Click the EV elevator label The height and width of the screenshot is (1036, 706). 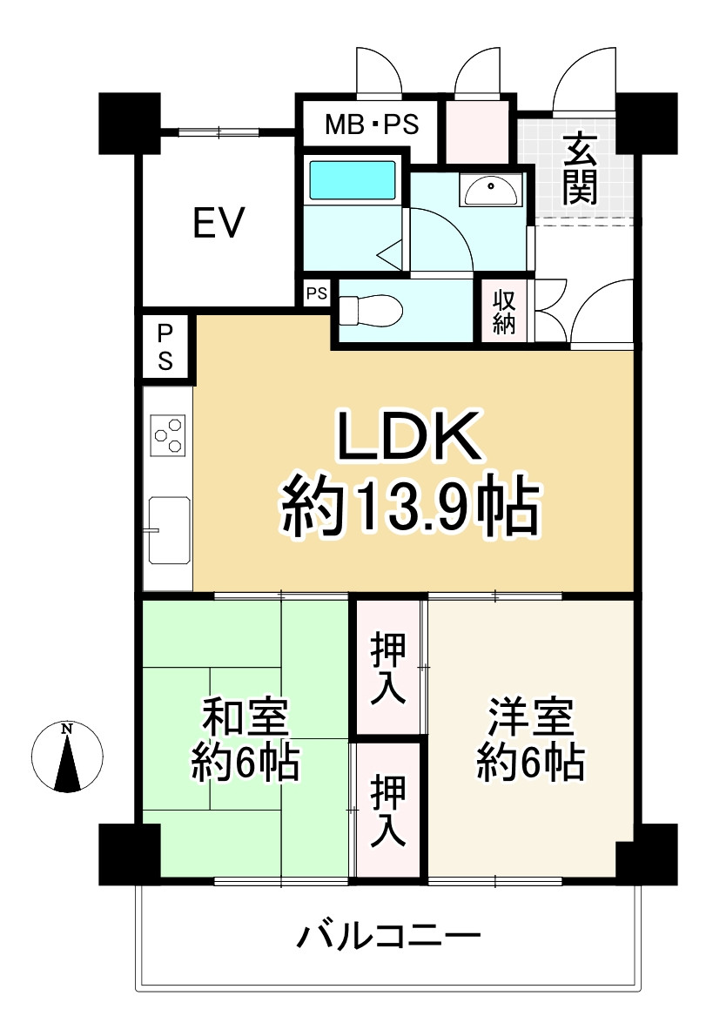[x=219, y=222]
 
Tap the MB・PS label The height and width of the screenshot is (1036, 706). [x=372, y=124]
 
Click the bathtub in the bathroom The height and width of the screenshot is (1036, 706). [x=353, y=179]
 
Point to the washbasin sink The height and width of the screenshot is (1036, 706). [x=491, y=191]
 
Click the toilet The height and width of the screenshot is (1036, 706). [x=370, y=310]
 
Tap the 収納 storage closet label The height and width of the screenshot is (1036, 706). [x=503, y=313]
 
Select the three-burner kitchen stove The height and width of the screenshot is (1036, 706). [x=168, y=435]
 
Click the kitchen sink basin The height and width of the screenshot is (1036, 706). [x=170, y=530]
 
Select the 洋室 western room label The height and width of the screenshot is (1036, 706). [x=531, y=717]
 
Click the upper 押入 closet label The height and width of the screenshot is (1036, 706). [x=387, y=668]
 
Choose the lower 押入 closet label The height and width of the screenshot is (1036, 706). [x=387, y=811]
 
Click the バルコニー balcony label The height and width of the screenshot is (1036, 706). [x=388, y=936]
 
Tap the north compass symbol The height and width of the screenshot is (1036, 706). [x=67, y=757]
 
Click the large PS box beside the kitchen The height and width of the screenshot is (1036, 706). [x=165, y=347]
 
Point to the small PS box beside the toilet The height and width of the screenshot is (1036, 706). [x=317, y=293]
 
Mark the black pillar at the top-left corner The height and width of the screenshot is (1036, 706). [x=130, y=124]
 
